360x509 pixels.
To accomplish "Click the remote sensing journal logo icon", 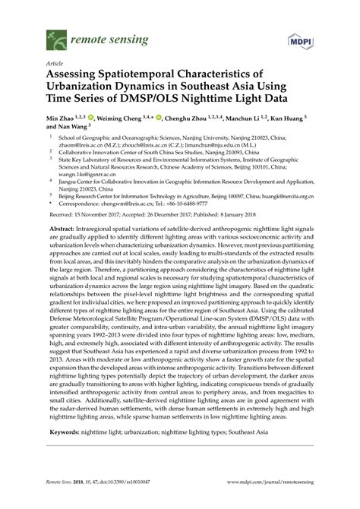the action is [x=55, y=36].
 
